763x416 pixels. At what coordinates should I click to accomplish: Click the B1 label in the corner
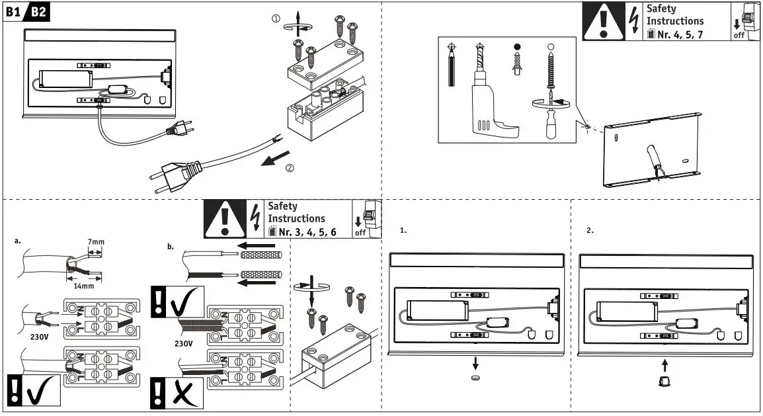(x=13, y=11)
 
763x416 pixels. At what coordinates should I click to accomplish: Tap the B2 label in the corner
(x=38, y=11)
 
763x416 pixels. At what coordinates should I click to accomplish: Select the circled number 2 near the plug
(x=290, y=168)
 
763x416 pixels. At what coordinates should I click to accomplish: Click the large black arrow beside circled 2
(x=275, y=159)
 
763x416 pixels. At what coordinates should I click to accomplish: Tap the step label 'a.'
(x=18, y=241)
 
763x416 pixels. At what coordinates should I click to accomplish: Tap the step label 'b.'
(x=171, y=247)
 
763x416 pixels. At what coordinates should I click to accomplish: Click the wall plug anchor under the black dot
(x=518, y=65)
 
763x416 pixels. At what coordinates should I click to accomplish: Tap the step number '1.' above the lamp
(x=404, y=231)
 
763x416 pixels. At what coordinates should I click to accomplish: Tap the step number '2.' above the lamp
(x=590, y=231)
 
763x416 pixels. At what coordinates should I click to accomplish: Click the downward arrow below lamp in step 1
(x=475, y=364)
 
